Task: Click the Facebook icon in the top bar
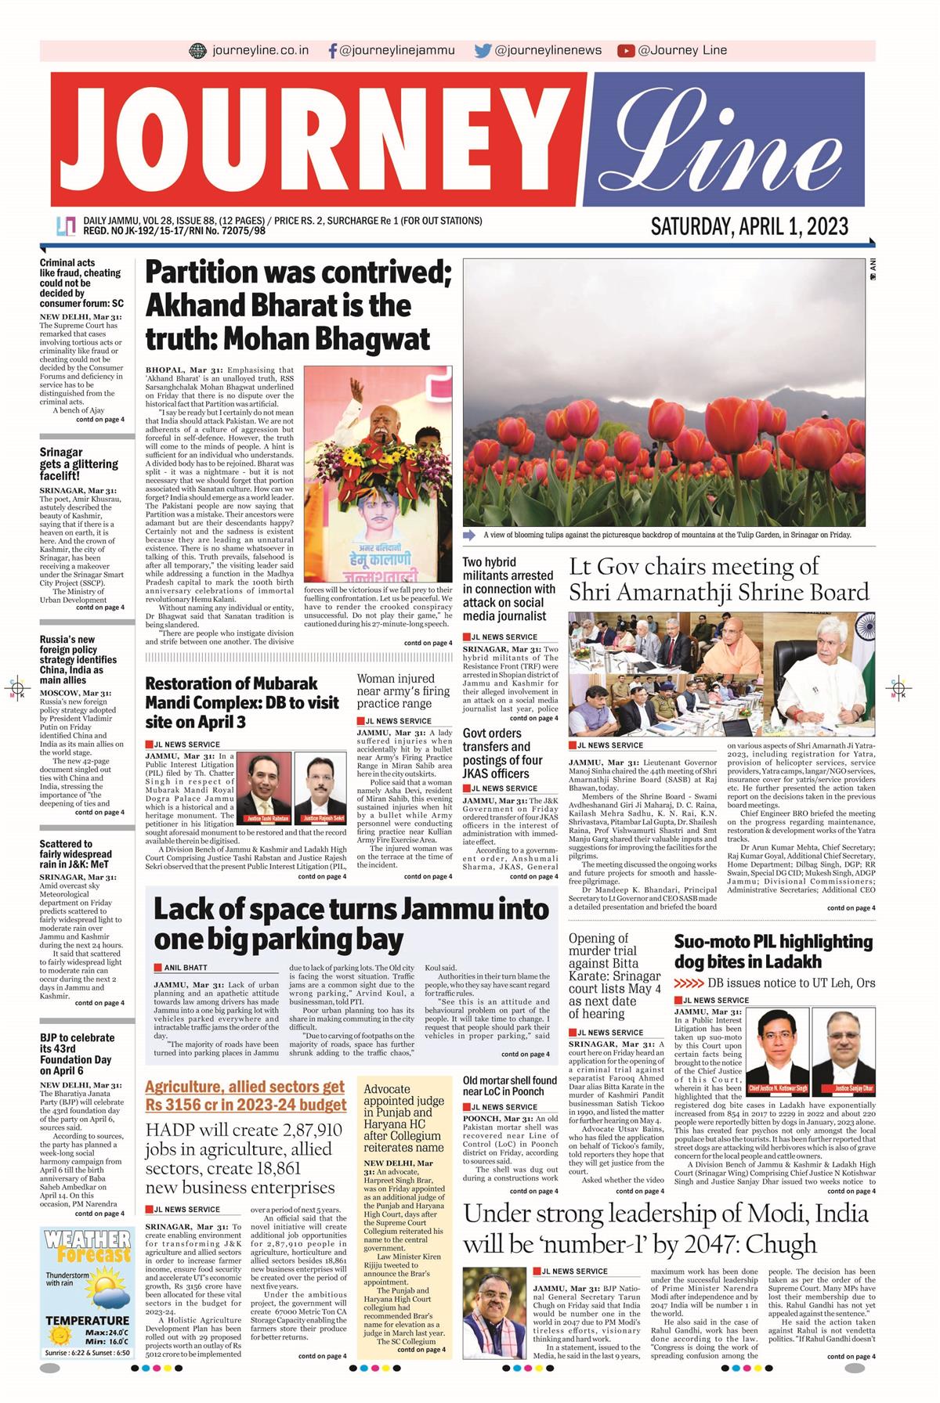coord(333,51)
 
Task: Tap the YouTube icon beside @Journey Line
coord(625,51)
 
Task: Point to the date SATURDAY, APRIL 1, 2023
coord(749,227)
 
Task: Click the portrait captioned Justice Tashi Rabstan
coord(263,787)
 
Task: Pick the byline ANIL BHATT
coord(186,968)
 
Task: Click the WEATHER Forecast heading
coord(86,1246)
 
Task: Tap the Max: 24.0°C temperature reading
coord(107,1333)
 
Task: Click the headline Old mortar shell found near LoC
coord(509,1086)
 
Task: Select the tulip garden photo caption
coord(667,536)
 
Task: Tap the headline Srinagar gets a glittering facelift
coord(78,464)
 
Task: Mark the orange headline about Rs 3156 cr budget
coord(245,1096)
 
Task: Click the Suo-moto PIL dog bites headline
coord(773,951)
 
